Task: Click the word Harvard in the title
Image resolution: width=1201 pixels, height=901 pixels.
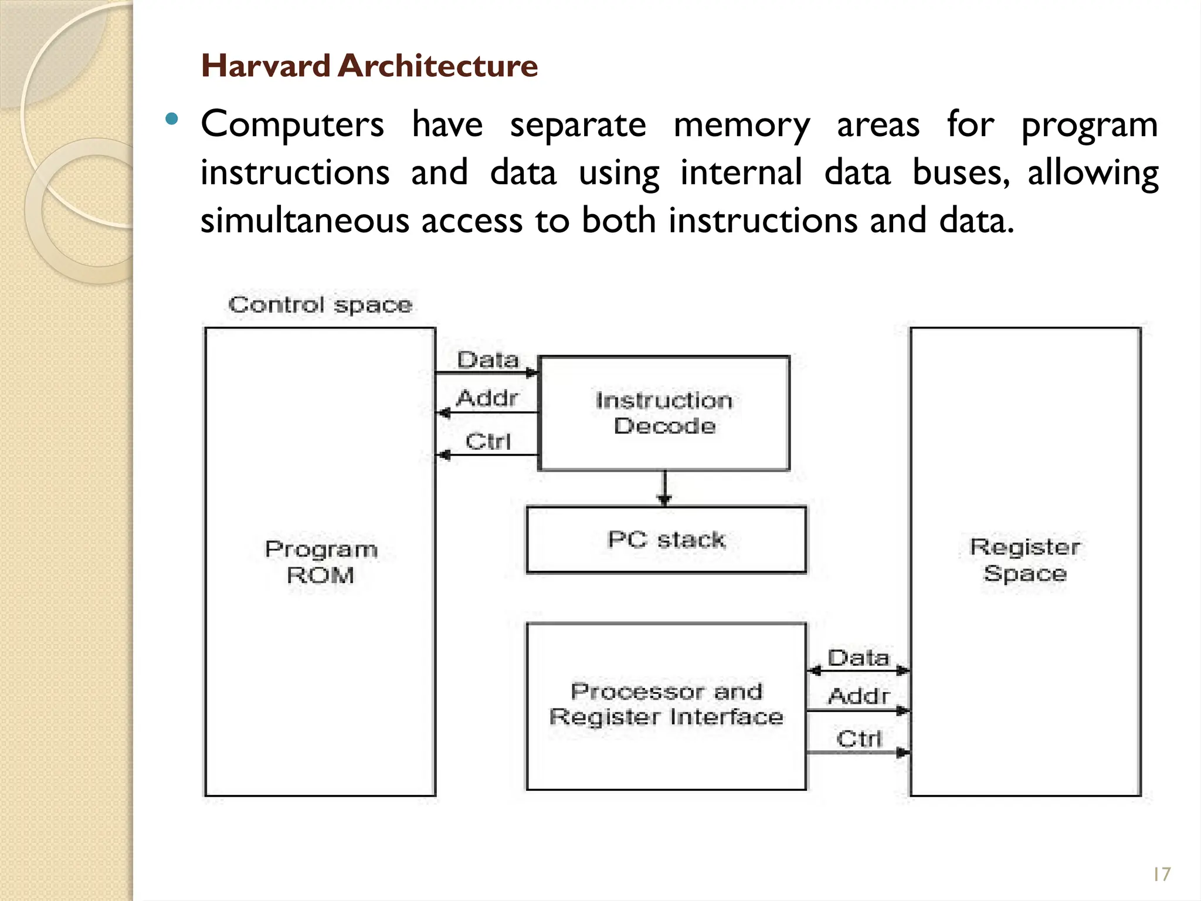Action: tap(266, 65)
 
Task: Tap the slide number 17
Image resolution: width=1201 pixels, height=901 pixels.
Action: tap(1161, 875)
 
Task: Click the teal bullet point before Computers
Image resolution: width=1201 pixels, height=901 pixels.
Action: tap(171, 120)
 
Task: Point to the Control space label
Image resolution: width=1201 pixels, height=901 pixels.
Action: tap(320, 305)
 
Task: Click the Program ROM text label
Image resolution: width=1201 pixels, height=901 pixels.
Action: tap(321, 561)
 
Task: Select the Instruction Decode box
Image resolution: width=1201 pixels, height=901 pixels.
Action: tap(664, 413)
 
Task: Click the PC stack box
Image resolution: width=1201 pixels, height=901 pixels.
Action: tap(666, 539)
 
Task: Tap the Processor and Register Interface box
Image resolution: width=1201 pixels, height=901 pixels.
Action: tap(666, 706)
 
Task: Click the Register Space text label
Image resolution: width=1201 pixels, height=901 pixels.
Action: tap(1025, 560)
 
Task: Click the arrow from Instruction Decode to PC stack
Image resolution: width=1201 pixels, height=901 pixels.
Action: tap(664, 488)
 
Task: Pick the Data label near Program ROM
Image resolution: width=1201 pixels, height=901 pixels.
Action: tap(488, 360)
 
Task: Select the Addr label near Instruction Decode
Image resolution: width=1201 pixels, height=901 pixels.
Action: tap(488, 398)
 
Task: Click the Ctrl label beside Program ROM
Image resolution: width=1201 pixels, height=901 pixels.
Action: tap(488, 441)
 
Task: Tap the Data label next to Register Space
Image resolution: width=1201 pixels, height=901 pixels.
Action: tap(859, 658)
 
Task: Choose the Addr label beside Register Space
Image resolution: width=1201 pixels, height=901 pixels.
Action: tap(859, 696)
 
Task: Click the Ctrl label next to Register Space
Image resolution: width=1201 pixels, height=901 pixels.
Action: tap(859, 739)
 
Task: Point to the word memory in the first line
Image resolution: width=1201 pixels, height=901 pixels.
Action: tap(741, 125)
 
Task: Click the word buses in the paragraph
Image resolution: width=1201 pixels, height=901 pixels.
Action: tap(961, 173)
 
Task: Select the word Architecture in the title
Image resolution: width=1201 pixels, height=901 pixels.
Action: tap(437, 65)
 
